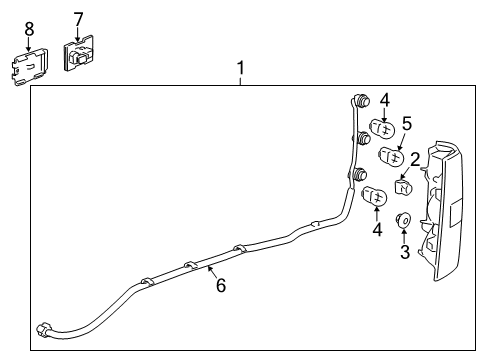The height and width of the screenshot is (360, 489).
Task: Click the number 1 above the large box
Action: [x=240, y=68]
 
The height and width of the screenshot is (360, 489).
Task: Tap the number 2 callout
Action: [x=414, y=158]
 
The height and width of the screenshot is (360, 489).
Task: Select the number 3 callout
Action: [x=405, y=251]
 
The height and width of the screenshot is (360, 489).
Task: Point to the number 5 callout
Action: [x=407, y=123]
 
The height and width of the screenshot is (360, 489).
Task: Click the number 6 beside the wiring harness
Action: [x=221, y=285]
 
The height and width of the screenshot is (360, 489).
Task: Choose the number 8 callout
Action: [x=29, y=29]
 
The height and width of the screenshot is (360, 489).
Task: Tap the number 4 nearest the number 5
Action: [x=383, y=99]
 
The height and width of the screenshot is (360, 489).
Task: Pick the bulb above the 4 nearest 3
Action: [x=375, y=197]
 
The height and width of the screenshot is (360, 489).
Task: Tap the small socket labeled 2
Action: [x=404, y=186]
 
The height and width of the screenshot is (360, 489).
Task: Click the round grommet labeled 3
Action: [x=405, y=221]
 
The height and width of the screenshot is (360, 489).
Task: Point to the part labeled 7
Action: [x=79, y=56]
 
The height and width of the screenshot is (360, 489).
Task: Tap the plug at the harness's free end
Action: [x=43, y=331]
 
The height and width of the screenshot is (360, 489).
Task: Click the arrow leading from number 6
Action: [x=211, y=271]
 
